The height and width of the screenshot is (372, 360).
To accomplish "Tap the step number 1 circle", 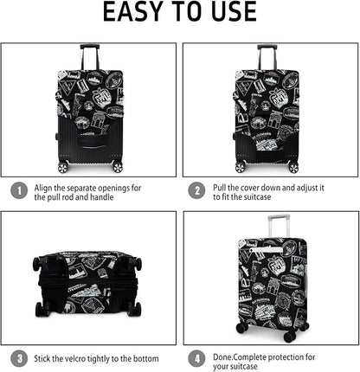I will [17, 191].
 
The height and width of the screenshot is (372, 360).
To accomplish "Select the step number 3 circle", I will [17, 357].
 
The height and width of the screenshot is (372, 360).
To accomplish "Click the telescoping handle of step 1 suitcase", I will [90, 57].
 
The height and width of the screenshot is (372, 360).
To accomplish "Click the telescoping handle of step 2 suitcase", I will [267, 56].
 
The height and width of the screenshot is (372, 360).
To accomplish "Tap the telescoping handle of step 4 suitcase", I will [273, 228].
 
